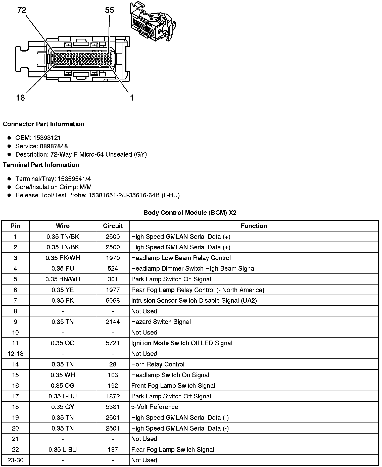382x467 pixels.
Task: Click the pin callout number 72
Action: pos(22,10)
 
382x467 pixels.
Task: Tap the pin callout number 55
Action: pos(110,10)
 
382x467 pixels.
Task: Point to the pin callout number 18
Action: pos(20,98)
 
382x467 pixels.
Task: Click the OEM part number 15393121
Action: pos(47,138)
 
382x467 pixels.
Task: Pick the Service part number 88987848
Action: pos(54,146)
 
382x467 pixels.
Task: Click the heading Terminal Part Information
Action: pos(41,165)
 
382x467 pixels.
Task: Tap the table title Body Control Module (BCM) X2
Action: pos(190,213)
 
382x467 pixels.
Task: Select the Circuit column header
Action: pos(113,226)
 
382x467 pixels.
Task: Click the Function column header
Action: pos(254,226)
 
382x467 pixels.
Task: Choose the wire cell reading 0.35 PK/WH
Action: pos(63,258)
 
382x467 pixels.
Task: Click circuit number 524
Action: pos(113,268)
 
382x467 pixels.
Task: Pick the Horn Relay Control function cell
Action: pos(158,364)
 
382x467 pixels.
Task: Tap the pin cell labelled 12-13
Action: pos(16,354)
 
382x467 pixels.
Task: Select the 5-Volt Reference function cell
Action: pos(155,407)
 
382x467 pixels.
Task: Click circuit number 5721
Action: pos(113,343)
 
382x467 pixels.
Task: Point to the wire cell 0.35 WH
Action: pos(63,375)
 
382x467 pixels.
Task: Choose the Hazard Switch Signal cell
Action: pos(161,322)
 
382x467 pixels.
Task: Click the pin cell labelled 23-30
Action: pos(16,460)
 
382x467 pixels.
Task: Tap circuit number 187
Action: pos(113,449)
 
